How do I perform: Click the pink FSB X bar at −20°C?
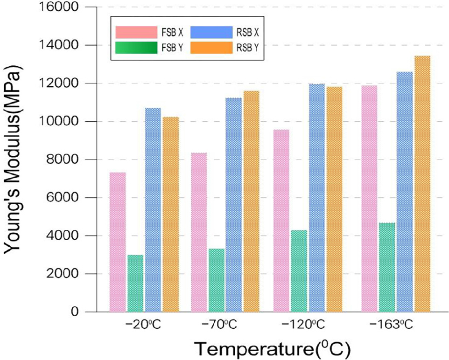(x=118, y=242)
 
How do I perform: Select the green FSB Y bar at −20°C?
(x=135, y=284)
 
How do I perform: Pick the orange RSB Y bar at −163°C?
(x=422, y=184)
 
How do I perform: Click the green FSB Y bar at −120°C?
(x=299, y=271)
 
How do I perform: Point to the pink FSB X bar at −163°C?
(x=369, y=199)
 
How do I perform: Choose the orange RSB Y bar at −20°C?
(x=171, y=215)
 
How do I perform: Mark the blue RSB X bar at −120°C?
(x=317, y=198)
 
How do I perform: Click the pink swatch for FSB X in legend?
(x=137, y=32)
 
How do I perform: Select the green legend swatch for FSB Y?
(x=137, y=48)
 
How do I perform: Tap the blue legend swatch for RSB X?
(x=211, y=32)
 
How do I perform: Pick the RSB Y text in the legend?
(x=248, y=48)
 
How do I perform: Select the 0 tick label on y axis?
(x=75, y=312)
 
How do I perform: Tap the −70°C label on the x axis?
(x=219, y=325)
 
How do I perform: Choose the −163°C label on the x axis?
(x=391, y=325)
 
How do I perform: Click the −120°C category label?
(x=303, y=325)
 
